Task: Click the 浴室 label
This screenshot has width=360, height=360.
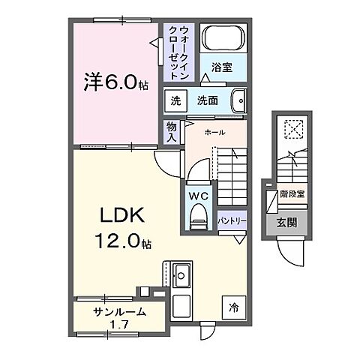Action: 222,67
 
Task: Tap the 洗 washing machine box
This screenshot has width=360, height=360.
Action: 175,100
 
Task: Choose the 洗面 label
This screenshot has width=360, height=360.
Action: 208,100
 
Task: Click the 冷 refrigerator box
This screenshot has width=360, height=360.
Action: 234,306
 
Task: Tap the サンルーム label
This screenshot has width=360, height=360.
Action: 118,312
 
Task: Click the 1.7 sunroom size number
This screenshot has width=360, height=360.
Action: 118,325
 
